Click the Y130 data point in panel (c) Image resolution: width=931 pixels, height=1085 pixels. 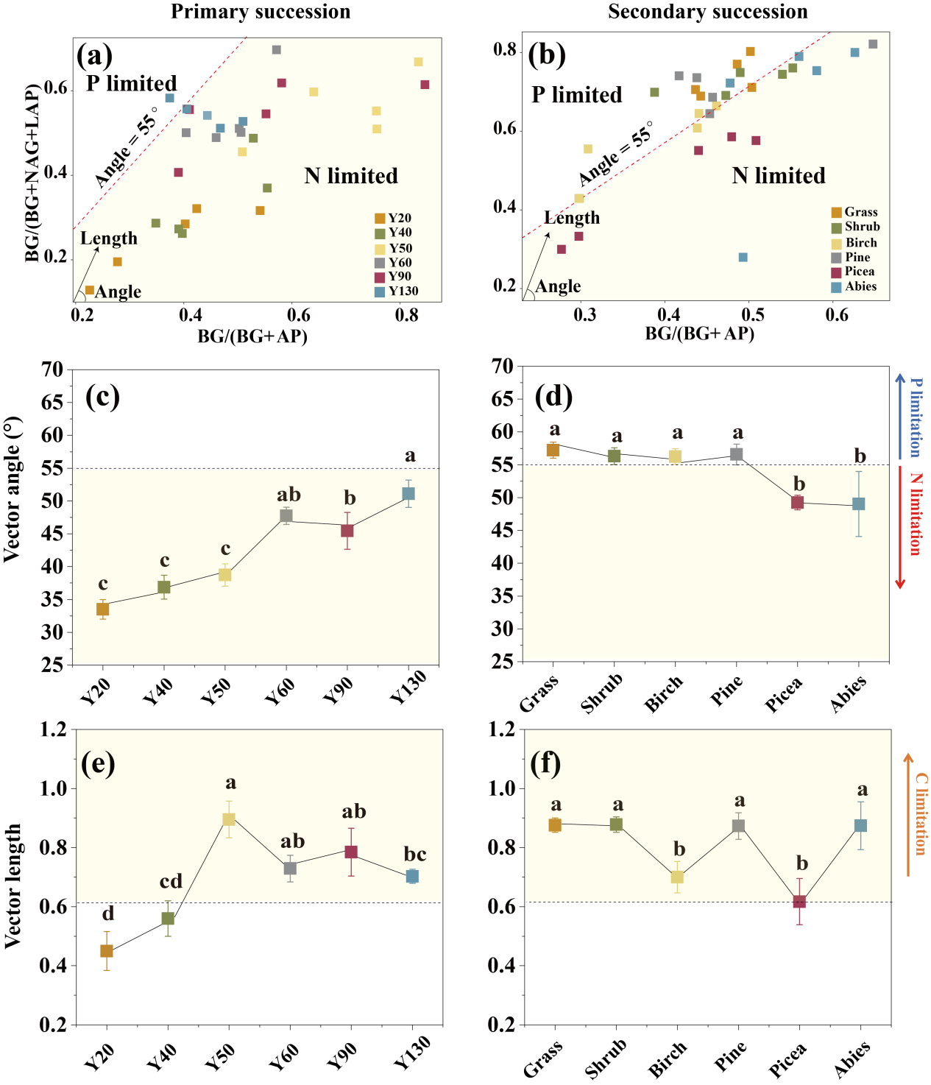(408, 494)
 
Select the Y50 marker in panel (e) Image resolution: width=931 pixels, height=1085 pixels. (229, 819)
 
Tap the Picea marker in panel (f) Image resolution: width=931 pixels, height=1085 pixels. (799, 901)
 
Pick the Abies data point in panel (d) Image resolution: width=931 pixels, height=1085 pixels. (858, 504)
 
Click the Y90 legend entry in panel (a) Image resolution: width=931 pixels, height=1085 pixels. (393, 277)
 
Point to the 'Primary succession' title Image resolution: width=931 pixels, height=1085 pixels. (261, 12)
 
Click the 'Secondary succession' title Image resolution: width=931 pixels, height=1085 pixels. (707, 12)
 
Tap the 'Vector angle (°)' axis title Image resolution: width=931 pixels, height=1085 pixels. (12, 490)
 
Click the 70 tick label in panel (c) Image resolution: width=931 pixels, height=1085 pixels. (52, 370)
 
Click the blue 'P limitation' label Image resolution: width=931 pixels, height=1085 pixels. (916, 417)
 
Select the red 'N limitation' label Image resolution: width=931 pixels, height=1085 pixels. (916, 514)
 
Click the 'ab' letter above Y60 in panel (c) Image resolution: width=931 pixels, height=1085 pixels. (288, 495)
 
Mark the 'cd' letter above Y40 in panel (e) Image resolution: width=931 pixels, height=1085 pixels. (171, 881)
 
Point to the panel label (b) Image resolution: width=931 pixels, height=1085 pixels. (547, 55)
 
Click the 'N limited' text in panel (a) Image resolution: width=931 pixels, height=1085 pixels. (351, 176)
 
